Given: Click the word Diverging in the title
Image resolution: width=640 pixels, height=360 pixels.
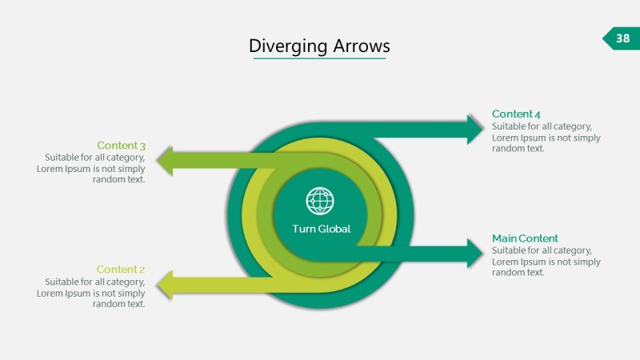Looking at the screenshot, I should coord(282,46).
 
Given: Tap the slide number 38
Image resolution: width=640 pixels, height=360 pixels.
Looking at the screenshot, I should coord(622,38).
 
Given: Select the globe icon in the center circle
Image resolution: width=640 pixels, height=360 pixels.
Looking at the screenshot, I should coord(320,201).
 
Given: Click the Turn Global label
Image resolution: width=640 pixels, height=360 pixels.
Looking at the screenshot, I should coord(321,229).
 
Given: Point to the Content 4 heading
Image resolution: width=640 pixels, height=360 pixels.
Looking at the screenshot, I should coord(516,114).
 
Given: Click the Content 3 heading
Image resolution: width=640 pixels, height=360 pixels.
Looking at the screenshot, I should coord(121,145).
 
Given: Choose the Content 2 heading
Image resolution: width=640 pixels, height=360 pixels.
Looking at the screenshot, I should coord(121,270).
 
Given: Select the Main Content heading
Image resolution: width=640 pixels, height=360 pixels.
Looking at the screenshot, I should coord(525,238).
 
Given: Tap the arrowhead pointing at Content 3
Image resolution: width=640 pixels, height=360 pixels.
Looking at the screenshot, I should coord(166,160).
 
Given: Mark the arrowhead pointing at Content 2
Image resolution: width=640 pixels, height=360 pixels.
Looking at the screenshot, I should coord(166,285).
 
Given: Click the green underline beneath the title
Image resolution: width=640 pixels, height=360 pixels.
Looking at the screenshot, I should coord(319,58).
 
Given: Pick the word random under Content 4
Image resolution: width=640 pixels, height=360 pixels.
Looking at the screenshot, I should coord(508,148).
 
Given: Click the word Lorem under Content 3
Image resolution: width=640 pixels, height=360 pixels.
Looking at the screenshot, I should coord(50,169).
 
